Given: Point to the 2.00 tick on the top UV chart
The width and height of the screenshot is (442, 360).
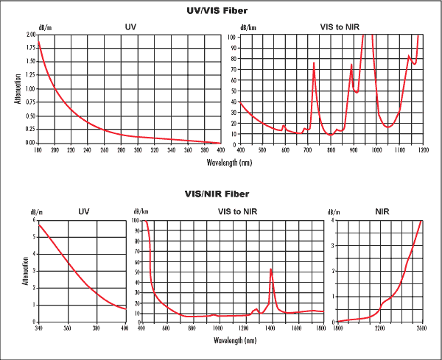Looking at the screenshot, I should (x=30, y=35).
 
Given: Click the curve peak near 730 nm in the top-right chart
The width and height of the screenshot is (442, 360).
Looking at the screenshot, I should (x=314, y=63).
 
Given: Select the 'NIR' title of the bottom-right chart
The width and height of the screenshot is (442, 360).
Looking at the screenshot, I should (x=382, y=211).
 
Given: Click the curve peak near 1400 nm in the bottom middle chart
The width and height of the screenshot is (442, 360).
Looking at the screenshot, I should (x=271, y=268).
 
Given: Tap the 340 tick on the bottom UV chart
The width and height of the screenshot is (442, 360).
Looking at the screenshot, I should (x=38, y=328).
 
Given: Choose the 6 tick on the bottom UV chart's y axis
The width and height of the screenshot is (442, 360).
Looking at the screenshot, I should (x=33, y=220).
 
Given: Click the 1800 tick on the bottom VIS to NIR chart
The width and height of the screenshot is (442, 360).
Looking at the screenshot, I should (x=320, y=328).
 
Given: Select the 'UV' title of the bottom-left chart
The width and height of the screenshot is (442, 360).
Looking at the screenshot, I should (x=84, y=212).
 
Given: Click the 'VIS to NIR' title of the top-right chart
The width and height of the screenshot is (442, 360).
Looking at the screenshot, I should (x=340, y=28).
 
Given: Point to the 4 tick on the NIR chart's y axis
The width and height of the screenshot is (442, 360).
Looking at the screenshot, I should (x=334, y=220).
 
